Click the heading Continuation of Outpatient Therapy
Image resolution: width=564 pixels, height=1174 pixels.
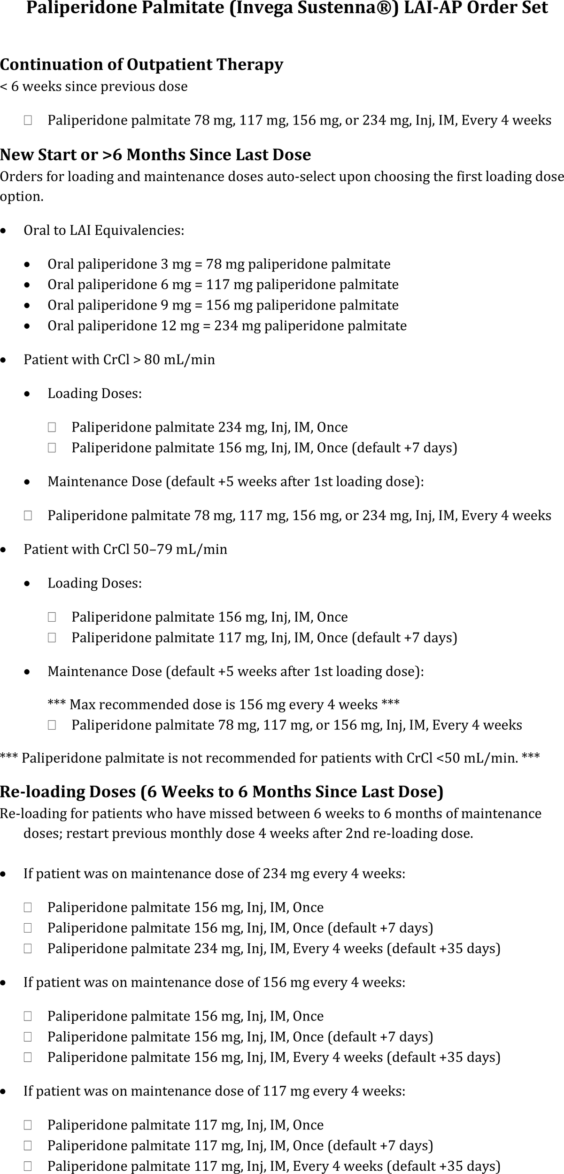pos(141,64)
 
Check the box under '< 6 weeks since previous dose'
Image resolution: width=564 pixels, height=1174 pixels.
pos(28,121)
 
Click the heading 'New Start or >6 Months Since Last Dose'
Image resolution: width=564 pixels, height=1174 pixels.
pos(155,154)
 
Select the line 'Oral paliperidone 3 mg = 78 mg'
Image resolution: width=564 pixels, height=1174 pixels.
pos(219,264)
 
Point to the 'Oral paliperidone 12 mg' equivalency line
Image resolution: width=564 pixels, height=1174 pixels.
pos(227,326)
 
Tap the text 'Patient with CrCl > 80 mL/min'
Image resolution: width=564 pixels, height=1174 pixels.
pos(119,360)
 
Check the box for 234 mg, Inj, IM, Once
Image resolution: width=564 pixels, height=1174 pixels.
pos(52,427)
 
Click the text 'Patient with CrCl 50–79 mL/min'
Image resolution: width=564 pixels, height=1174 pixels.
pos(125,549)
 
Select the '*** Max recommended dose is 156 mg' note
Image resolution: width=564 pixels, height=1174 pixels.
pos(224,705)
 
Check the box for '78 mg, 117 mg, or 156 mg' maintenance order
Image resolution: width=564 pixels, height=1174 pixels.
pos(52,726)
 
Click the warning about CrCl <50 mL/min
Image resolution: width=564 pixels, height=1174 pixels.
pos(270,758)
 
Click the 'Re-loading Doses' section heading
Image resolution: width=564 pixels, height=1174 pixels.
pos(222,792)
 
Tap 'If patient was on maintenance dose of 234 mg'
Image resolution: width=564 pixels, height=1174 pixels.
pos(214,874)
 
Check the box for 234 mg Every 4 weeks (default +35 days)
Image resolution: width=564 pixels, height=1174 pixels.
pos(28,949)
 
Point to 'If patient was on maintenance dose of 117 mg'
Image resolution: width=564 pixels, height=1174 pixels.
pos(214,1091)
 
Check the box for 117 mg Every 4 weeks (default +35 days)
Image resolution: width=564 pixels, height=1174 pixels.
pos(28,1166)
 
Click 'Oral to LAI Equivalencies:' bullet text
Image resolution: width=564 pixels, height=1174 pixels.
pos(104,231)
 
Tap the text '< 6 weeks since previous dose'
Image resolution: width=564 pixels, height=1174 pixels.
pos(94,86)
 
